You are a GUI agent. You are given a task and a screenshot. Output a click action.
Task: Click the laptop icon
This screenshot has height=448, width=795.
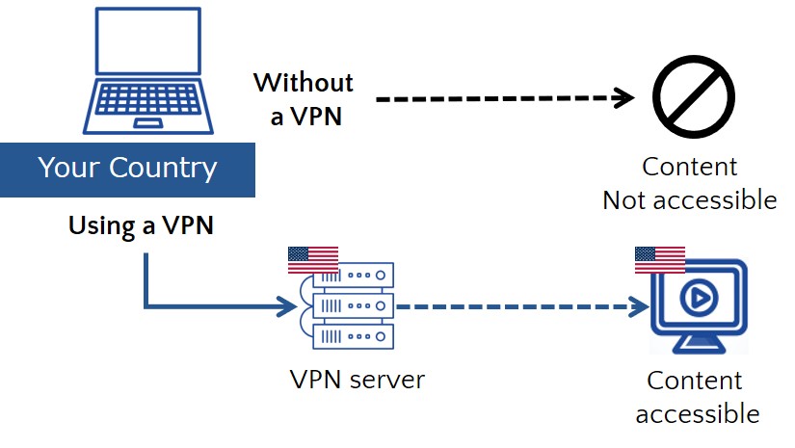point(146,71)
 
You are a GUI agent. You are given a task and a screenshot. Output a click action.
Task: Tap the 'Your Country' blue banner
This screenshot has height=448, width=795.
point(127,169)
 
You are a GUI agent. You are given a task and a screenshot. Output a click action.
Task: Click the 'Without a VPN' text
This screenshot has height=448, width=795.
point(303,99)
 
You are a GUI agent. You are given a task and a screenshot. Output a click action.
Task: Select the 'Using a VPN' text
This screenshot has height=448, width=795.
point(140,227)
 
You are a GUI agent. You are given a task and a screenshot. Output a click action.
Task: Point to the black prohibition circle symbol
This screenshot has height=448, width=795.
point(693,96)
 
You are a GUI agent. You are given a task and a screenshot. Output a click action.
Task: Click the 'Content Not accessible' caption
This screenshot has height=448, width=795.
point(689,183)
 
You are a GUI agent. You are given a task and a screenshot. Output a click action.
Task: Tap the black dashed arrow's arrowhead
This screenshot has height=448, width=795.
point(626,98)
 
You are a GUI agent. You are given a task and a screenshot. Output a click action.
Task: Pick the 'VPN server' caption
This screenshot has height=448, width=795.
point(357,380)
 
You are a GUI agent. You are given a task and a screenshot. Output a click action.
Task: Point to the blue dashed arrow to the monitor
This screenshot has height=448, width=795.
point(520,308)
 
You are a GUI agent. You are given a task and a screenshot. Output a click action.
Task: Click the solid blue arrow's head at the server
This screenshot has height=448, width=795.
point(288,308)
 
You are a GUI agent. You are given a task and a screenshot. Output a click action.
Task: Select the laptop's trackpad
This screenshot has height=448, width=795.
point(147,124)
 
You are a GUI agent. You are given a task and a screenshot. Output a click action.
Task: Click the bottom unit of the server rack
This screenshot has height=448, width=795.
point(353,336)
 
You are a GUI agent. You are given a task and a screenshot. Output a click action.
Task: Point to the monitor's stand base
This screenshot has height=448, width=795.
point(699,348)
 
